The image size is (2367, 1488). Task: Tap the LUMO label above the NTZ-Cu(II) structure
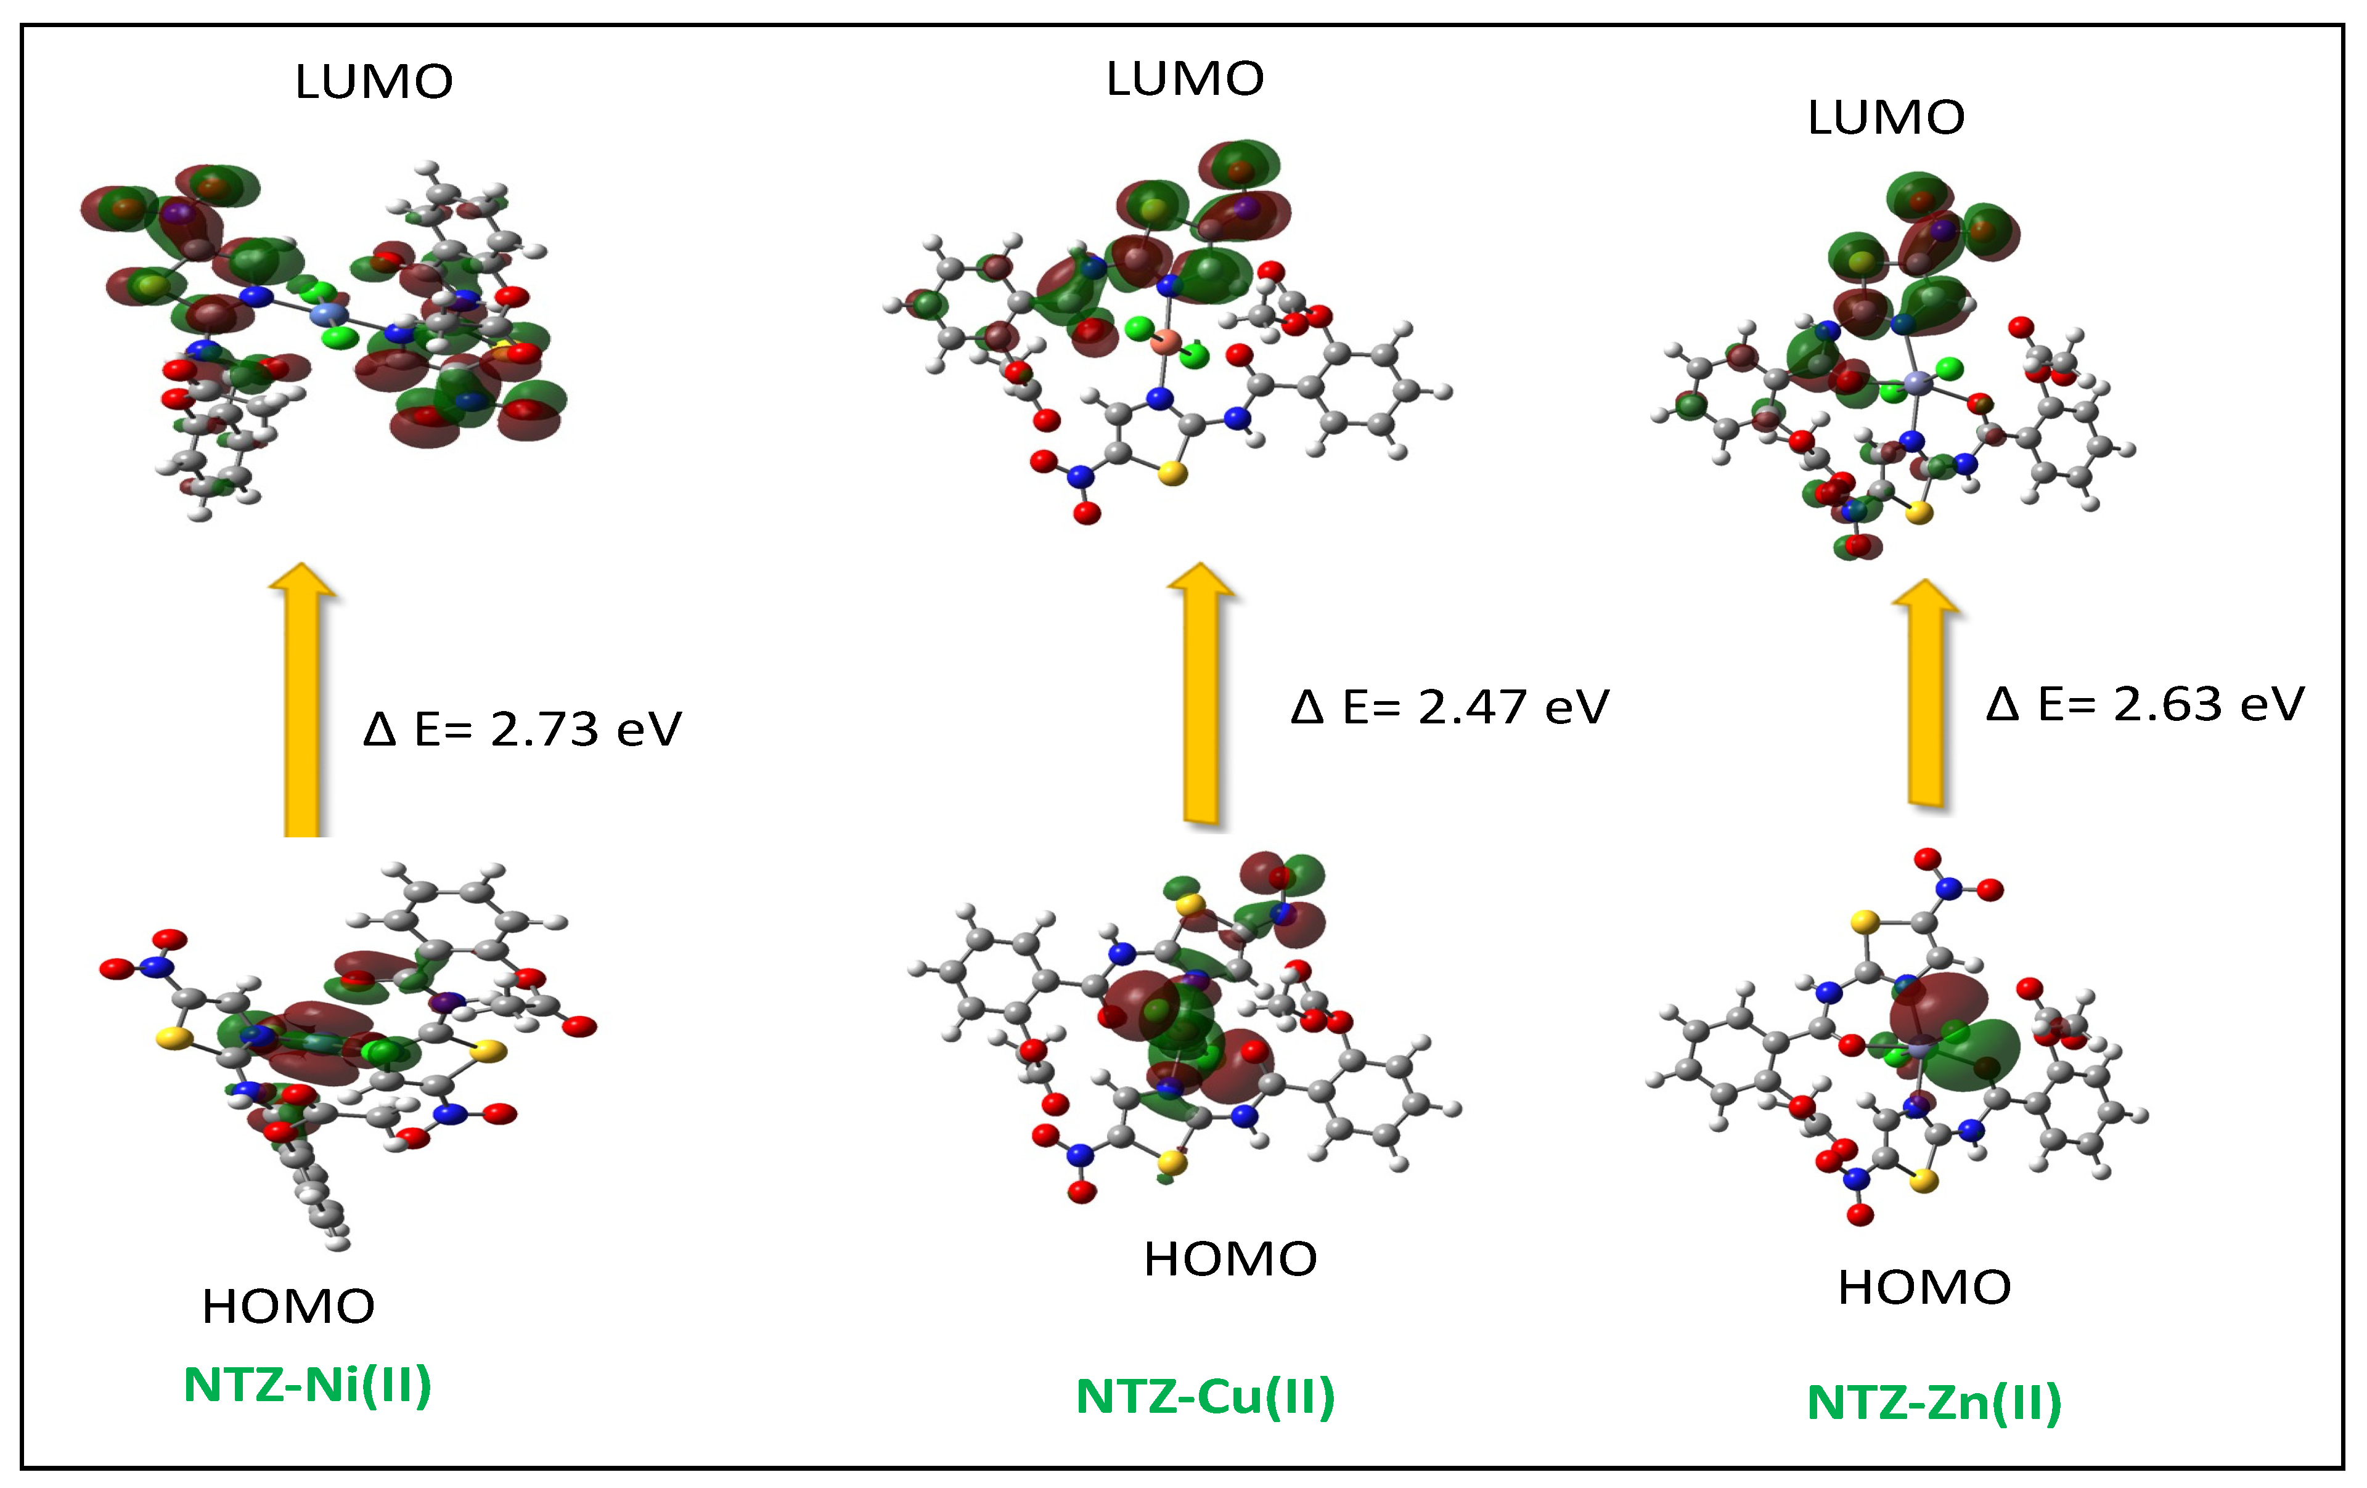pos(1185,79)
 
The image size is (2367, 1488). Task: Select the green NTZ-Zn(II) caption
pos(1934,1402)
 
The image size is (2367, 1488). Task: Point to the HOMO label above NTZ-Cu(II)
pos(1230,1259)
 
